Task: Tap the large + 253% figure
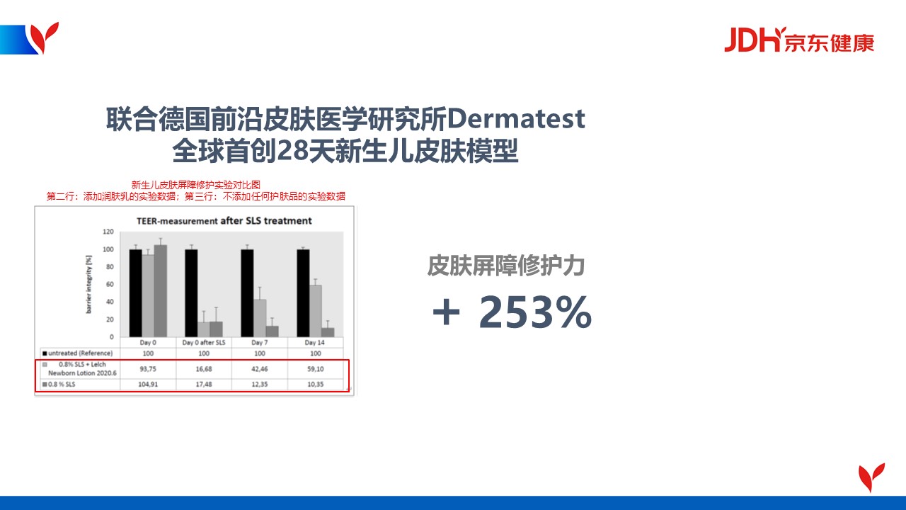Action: pos(512,312)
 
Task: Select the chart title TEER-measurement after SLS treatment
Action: pos(224,220)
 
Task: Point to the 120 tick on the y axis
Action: pos(108,232)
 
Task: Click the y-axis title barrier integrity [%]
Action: pos(88,284)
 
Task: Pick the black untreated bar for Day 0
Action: pos(135,293)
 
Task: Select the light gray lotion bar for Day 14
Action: pos(316,311)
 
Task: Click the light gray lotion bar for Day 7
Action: pos(260,318)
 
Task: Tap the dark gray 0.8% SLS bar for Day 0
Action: pos(161,290)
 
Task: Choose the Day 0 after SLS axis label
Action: pos(204,342)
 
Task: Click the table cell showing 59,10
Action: pos(316,369)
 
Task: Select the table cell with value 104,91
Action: pos(148,384)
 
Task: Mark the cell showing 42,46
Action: pos(260,369)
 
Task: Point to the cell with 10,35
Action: pos(316,384)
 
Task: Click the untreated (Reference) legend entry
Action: pos(78,353)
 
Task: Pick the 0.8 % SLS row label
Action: pos(59,384)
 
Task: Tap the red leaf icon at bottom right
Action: pos(871,477)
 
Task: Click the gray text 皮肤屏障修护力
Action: pos(506,266)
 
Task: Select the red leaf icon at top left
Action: pos(44,38)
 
